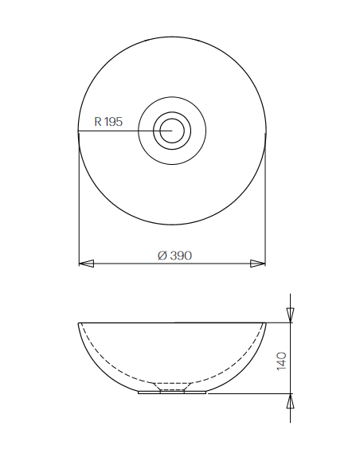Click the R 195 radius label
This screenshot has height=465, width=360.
108,122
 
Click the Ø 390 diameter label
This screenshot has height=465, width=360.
174,256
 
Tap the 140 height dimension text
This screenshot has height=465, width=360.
281,361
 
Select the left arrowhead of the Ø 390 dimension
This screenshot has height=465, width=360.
86,264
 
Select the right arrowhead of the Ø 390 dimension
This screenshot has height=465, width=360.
258,264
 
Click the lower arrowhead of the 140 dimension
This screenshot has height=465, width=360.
291,401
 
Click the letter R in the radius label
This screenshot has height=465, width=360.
98,122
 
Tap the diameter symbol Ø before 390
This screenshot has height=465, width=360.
162,256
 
